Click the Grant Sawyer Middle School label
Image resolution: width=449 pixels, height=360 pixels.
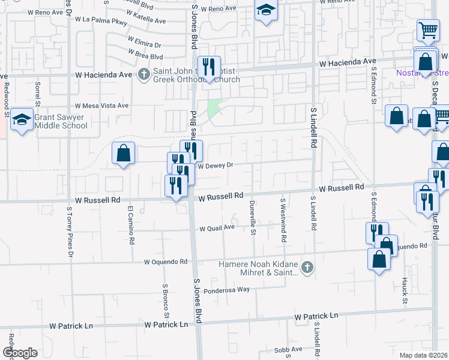coord(61,121)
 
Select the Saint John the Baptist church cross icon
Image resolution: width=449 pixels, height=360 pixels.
coord(143,74)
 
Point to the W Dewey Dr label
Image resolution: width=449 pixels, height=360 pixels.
coord(215,166)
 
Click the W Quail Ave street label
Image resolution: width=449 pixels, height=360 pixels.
coord(217,228)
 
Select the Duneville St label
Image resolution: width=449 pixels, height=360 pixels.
coord(253,217)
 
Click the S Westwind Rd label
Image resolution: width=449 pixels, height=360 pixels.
coord(283,220)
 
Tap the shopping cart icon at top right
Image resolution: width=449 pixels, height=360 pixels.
coord(427,29)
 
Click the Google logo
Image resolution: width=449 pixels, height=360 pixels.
coord(20,353)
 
